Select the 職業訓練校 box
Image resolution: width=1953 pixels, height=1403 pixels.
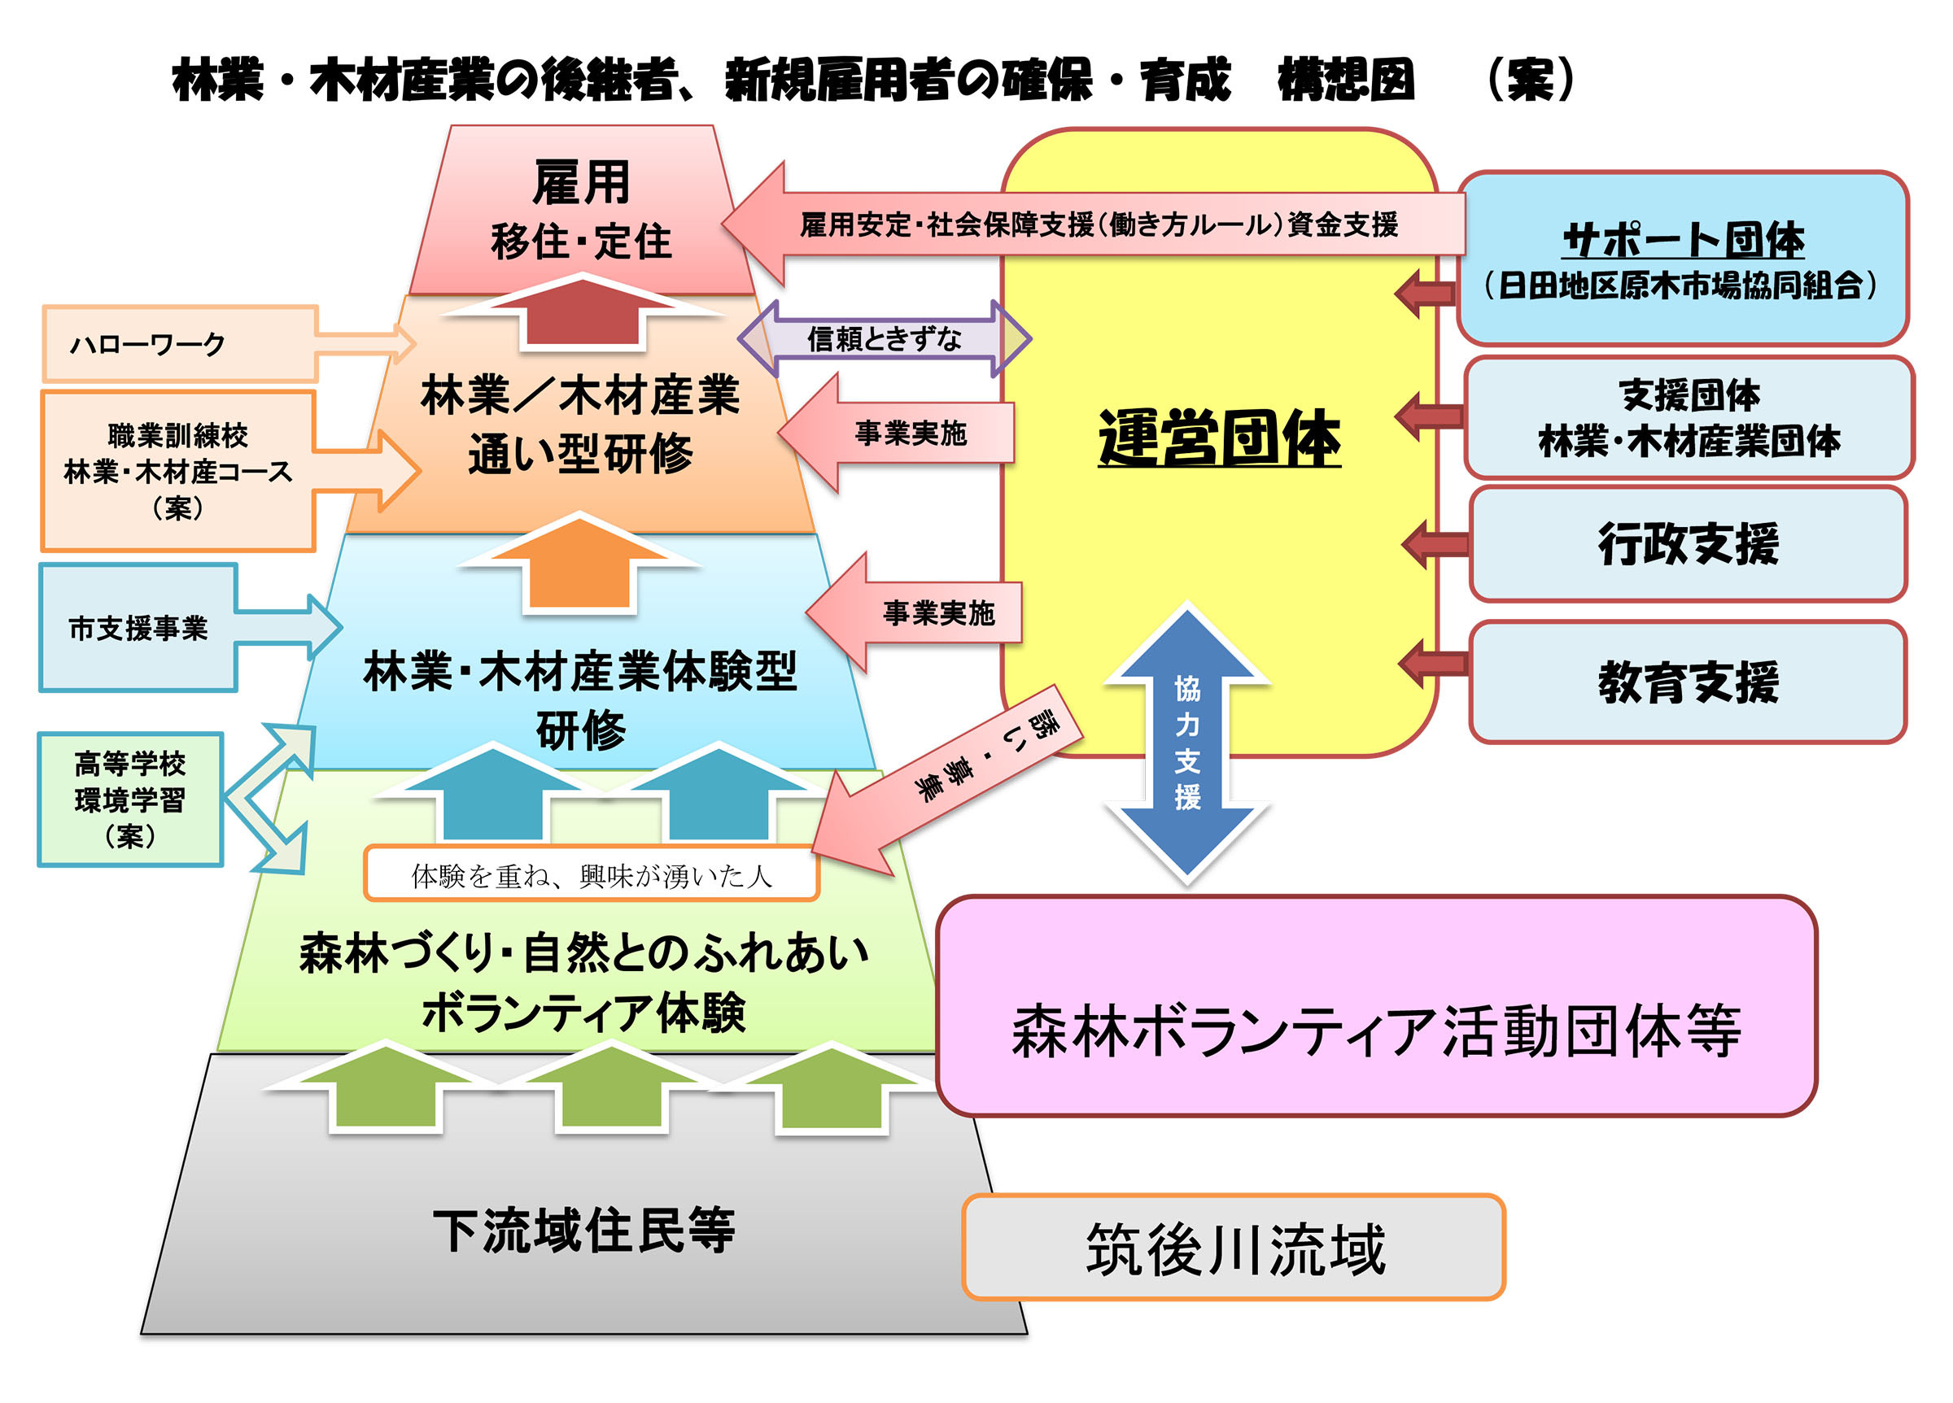click(177, 471)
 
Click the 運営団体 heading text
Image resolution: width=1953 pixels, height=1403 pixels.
click(1218, 438)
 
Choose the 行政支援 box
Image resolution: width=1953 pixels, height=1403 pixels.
click(1688, 544)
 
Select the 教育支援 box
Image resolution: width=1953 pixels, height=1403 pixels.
click(1688, 682)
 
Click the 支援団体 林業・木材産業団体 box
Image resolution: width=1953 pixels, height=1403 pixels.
click(1688, 417)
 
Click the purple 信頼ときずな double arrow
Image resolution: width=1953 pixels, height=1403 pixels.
click(885, 338)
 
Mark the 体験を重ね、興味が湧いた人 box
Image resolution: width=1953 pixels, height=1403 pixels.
click(591, 874)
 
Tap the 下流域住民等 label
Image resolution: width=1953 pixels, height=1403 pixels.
click(583, 1230)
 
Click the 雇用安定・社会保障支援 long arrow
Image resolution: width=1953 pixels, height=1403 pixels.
click(1094, 224)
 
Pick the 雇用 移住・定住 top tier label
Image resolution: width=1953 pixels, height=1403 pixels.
click(581, 211)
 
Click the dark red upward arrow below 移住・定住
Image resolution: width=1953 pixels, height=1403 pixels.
click(582, 312)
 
